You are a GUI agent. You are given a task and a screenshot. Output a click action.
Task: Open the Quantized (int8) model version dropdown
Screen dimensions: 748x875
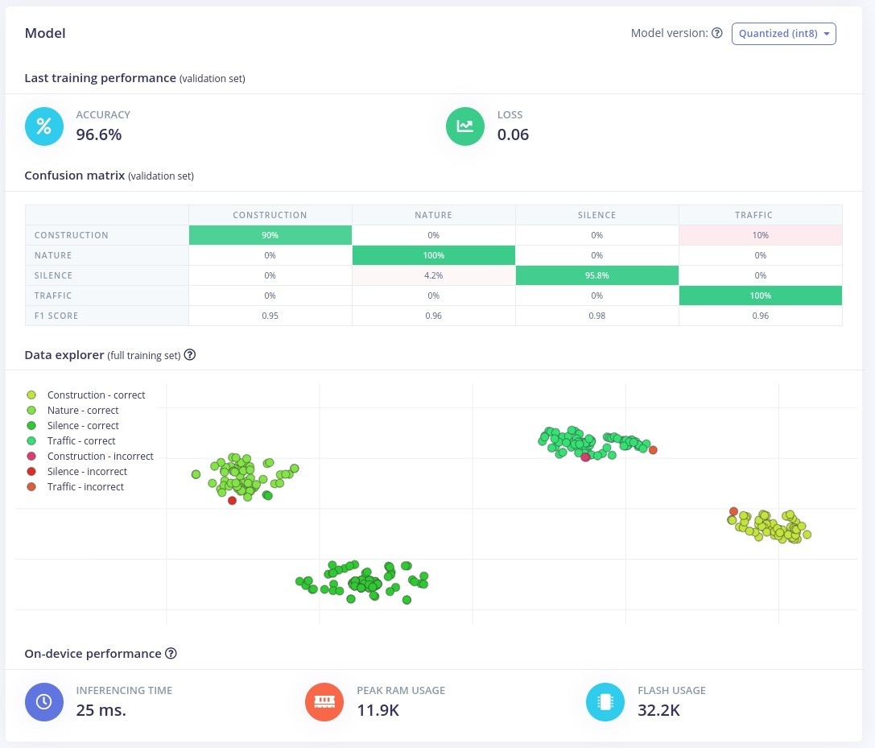pos(783,33)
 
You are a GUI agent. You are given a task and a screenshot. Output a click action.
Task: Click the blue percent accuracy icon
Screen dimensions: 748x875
pos(43,126)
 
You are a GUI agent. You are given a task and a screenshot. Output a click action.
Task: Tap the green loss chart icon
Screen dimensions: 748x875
pos(465,126)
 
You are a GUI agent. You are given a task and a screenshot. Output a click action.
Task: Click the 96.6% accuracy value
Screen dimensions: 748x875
pos(99,134)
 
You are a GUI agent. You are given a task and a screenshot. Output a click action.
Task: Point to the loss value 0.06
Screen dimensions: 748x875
pos(513,134)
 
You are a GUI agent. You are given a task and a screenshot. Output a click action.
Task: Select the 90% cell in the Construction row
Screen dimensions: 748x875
pos(270,235)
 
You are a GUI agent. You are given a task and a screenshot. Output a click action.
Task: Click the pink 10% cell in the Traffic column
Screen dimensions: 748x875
pos(760,235)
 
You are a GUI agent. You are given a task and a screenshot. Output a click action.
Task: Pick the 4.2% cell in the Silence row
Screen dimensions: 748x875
pos(433,275)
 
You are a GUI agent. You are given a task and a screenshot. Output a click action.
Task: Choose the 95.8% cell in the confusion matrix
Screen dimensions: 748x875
pos(596,275)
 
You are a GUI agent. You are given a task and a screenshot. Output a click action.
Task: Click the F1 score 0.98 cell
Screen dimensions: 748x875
pos(596,316)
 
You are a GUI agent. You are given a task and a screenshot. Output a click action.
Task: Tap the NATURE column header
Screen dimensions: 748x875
pos(433,215)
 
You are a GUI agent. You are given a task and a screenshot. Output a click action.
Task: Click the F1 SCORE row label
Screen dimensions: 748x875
pos(56,316)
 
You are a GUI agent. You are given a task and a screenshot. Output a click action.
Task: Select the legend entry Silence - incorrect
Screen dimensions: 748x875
pos(87,472)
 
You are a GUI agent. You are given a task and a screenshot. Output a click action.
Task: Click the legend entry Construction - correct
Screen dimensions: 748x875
pos(96,395)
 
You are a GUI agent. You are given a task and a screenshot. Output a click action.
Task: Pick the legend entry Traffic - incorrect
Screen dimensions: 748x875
pos(85,487)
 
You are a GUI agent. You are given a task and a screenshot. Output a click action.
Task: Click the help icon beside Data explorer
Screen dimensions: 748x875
pos(190,354)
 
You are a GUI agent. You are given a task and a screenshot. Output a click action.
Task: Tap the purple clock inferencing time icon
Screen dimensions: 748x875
pos(43,702)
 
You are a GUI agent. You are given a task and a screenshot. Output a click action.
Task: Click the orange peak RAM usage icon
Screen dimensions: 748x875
pos(324,702)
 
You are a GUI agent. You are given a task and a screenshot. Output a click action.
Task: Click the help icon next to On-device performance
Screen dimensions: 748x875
pos(171,654)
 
